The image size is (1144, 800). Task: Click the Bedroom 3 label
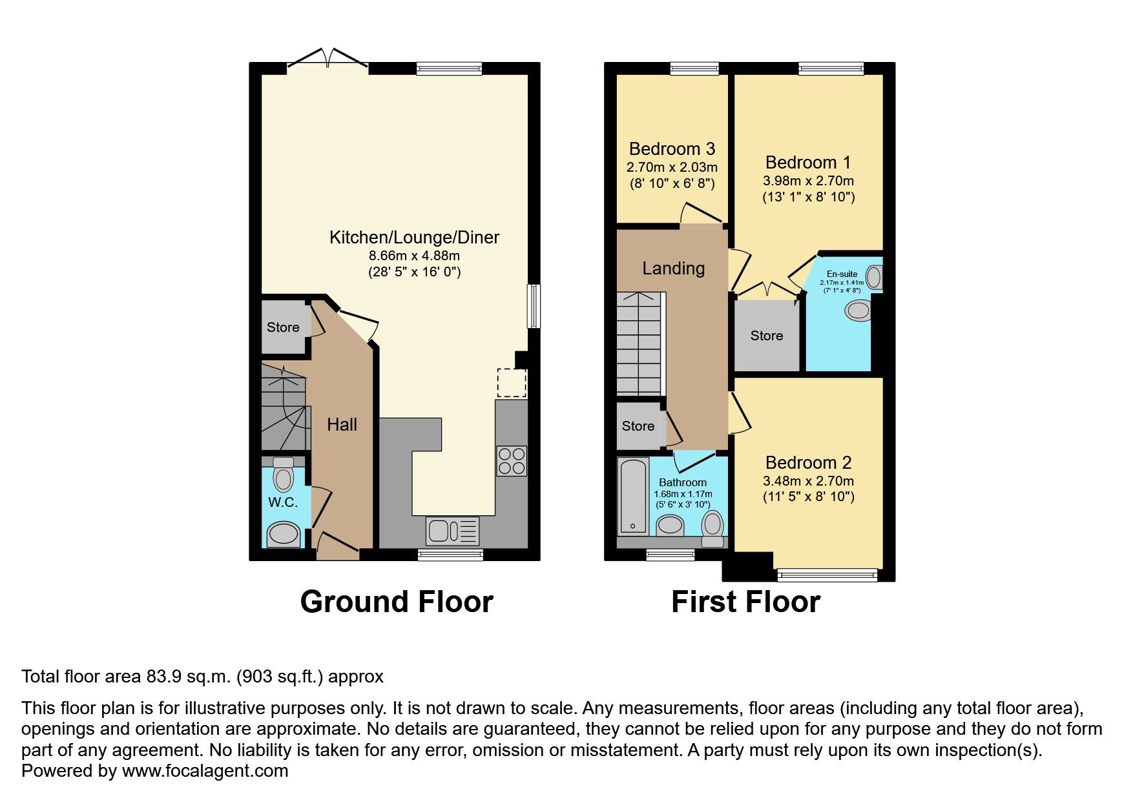click(672, 149)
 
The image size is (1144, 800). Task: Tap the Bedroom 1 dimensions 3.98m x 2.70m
click(808, 181)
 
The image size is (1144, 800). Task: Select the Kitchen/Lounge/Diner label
click(414, 238)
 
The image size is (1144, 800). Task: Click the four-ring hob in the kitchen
click(512, 460)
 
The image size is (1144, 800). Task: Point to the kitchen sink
click(452, 531)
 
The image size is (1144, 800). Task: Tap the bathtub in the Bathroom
click(632, 496)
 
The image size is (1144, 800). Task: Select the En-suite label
click(842, 274)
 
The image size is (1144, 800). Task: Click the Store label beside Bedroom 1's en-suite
click(766, 336)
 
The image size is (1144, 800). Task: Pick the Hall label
click(342, 424)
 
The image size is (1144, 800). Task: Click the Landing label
click(673, 269)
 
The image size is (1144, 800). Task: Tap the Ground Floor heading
click(397, 602)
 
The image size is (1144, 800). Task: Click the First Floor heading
click(745, 602)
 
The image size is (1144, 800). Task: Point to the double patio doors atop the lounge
click(328, 58)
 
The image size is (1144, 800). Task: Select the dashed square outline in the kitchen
click(512, 383)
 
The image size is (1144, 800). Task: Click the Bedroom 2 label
click(808, 463)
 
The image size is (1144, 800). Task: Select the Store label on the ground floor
click(283, 327)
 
